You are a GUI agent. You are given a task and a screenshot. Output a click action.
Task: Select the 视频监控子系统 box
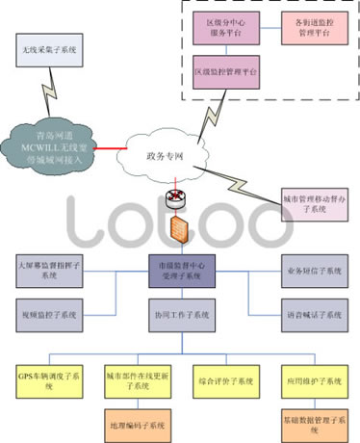tap(49, 314)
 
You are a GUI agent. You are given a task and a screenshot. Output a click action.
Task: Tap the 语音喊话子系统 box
tap(313, 314)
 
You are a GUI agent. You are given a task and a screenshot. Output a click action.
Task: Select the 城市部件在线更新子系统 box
tap(134, 378)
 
